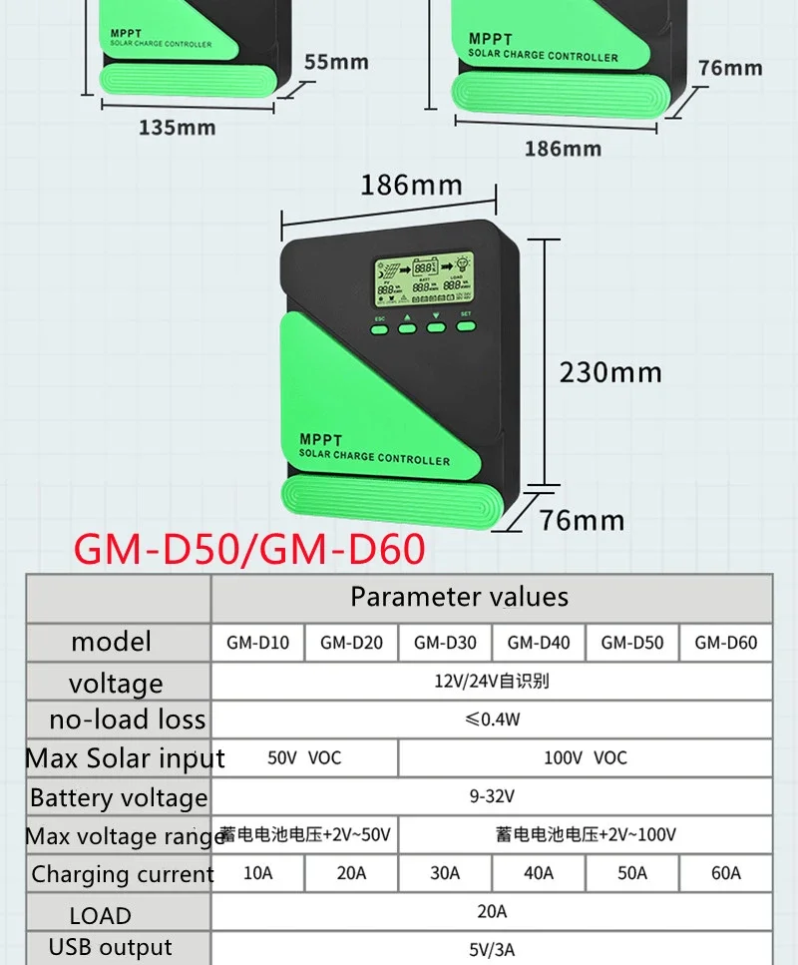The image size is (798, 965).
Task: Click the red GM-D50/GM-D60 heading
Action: [249, 550]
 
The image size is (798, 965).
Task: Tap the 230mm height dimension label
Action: [609, 372]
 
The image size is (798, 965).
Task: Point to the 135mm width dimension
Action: [178, 127]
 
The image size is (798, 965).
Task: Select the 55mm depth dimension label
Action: [336, 62]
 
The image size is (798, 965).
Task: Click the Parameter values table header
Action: [459, 597]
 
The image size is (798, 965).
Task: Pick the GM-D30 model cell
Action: [445, 643]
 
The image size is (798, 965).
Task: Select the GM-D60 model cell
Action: [725, 643]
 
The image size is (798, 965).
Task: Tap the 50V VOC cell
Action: [304, 757]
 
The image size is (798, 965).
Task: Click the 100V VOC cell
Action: [585, 757]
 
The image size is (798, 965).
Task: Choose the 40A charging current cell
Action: [538, 873]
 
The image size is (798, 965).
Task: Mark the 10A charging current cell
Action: [257, 873]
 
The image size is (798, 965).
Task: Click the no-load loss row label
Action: [127, 719]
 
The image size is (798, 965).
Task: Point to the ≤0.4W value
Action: [493, 720]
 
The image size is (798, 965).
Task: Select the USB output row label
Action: [110, 947]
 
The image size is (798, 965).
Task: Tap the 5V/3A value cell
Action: [493, 949]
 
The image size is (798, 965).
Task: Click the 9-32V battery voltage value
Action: [493, 796]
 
